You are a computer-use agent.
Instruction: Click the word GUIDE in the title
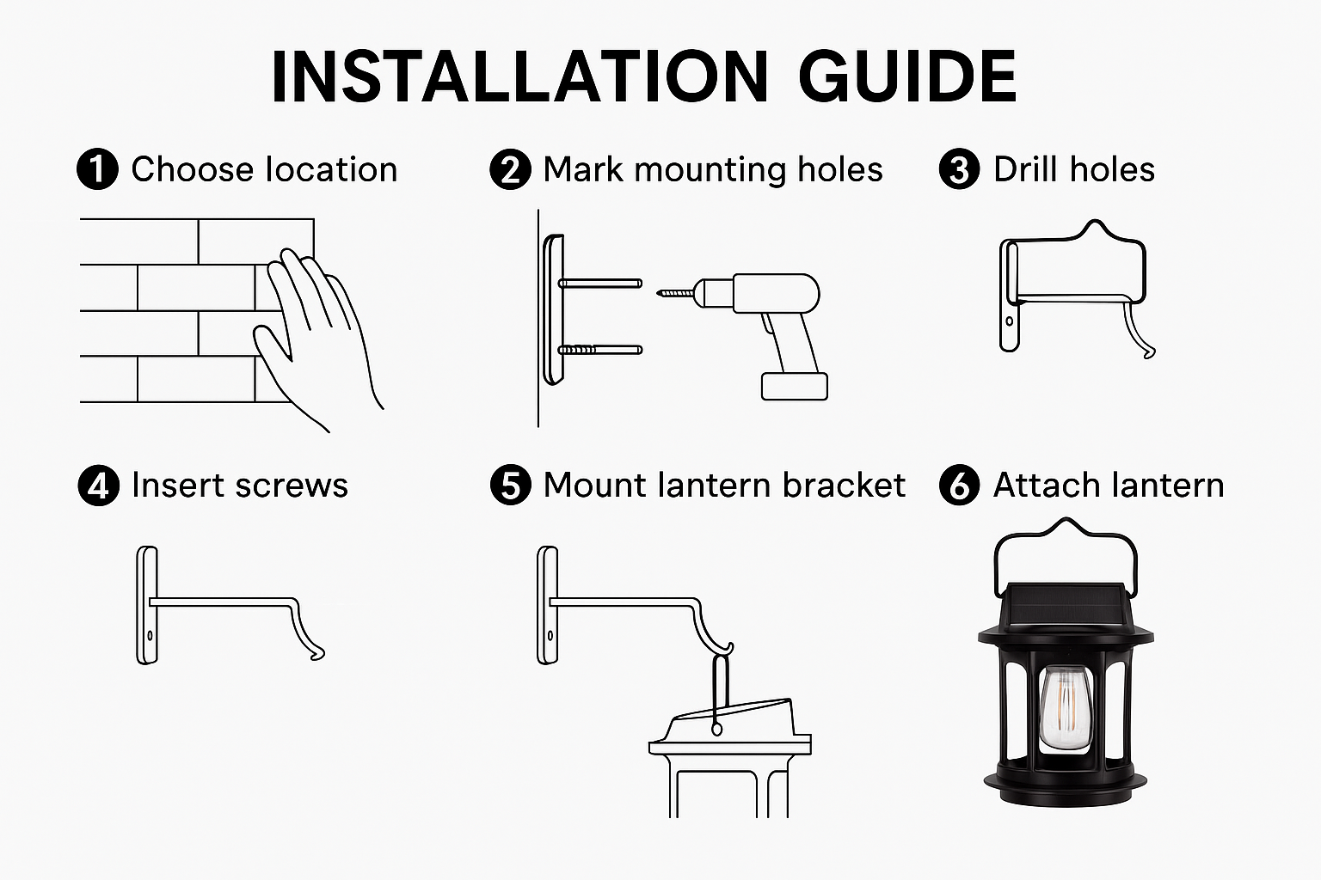tap(907, 76)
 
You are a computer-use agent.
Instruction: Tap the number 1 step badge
tap(97, 169)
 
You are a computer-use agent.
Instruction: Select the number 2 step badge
tap(510, 169)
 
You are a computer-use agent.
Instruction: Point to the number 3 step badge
tap(960, 169)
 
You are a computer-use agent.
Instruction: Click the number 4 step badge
tap(99, 485)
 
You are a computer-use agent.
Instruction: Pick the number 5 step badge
tap(511, 485)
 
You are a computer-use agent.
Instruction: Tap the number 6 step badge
tap(960, 485)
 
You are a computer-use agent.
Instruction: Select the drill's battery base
tap(795, 387)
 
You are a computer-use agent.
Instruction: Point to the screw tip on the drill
tap(659, 293)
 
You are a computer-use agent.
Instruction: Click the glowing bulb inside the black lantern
tap(1065, 709)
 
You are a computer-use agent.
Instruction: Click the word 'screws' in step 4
tap(292, 486)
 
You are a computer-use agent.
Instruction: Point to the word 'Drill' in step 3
tap(1025, 169)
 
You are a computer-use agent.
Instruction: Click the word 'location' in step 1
tap(331, 170)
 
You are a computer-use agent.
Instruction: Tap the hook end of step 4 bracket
tap(317, 654)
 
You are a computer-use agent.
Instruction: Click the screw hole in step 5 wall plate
tap(550, 636)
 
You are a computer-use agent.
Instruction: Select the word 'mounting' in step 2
tap(710, 171)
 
